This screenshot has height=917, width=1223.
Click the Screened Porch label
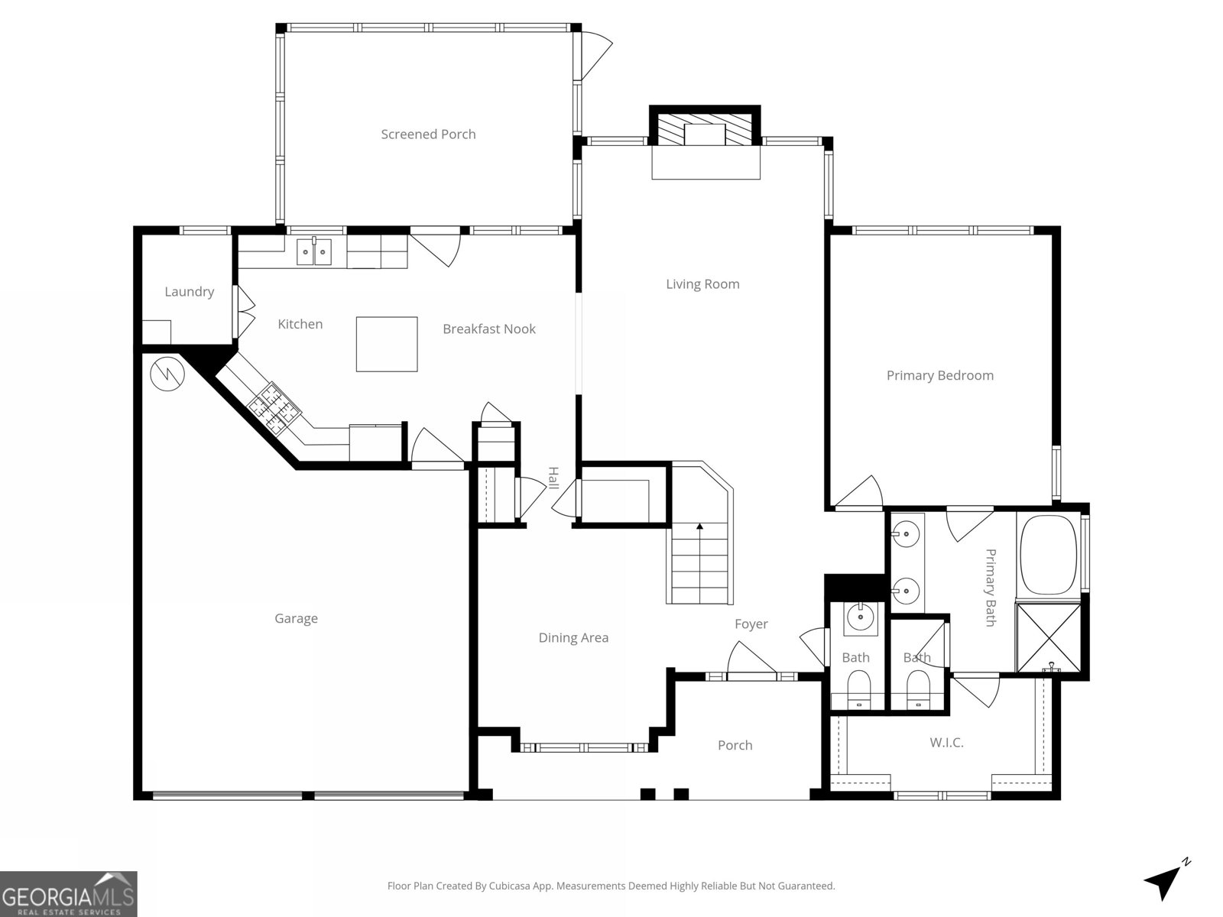click(428, 134)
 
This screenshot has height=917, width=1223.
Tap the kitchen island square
click(387, 344)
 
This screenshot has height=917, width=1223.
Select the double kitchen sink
click(314, 251)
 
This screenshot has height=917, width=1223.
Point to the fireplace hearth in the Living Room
click(706, 163)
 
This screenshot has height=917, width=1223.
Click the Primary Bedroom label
click(939, 375)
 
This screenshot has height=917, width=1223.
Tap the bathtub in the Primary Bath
click(1048, 556)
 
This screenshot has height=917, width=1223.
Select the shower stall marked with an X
click(1048, 637)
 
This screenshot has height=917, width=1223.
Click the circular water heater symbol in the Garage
click(167, 374)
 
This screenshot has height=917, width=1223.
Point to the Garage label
click(296, 618)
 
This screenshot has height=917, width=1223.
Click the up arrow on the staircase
click(699, 527)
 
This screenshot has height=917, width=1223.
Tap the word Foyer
click(751, 624)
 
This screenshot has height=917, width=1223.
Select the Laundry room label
click(189, 291)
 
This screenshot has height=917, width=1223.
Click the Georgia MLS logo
click(68, 893)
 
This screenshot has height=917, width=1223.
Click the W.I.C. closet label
click(946, 742)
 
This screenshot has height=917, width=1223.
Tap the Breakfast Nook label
click(489, 329)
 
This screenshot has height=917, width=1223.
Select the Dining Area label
click(573, 637)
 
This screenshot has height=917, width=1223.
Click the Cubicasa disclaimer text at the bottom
click(611, 886)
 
